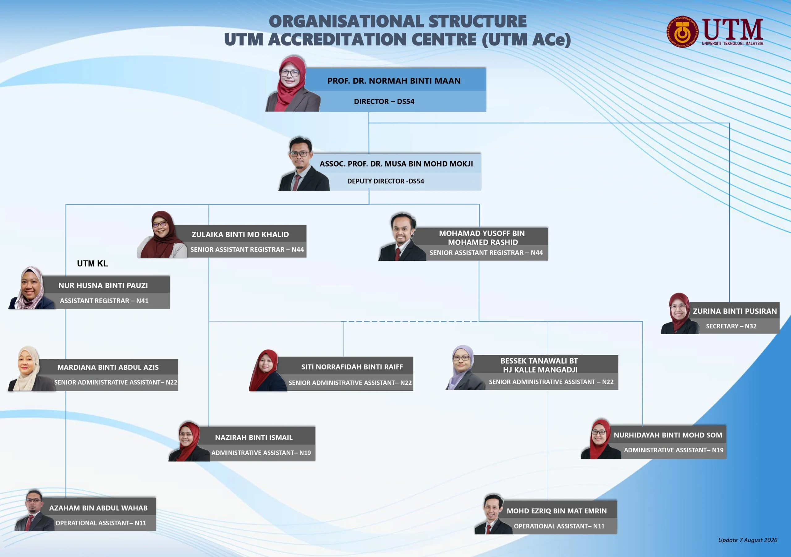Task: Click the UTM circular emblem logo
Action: [683, 32]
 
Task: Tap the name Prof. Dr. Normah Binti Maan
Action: [394, 81]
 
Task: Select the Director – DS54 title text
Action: [384, 102]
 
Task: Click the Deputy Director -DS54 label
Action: [386, 181]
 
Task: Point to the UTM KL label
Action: [92, 264]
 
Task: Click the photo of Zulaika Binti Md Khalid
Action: [162, 234]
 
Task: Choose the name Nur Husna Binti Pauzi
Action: [103, 285]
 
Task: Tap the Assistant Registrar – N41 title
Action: [104, 301]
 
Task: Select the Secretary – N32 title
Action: [731, 326]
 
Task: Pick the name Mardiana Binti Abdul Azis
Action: [108, 367]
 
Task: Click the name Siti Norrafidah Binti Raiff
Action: [352, 367]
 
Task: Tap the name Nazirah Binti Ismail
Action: [254, 437]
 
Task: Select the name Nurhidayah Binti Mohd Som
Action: [668, 435]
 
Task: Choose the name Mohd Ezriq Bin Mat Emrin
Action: [556, 511]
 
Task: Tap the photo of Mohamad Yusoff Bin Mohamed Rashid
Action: [402, 237]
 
